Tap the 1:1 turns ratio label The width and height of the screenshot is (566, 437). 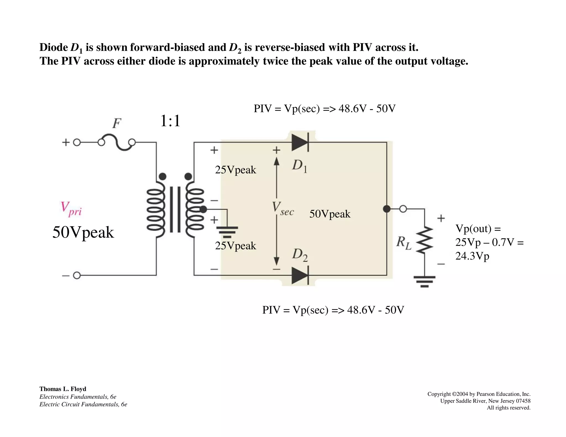point(170,121)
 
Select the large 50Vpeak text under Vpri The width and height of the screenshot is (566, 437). point(83,232)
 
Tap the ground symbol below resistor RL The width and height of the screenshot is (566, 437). point(424,281)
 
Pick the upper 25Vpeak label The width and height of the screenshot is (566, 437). point(235,170)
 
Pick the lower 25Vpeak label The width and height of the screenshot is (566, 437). point(235,246)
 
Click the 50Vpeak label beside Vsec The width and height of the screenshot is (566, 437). point(330,214)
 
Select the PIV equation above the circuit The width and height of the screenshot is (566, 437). point(324,109)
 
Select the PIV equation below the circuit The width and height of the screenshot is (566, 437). point(333,310)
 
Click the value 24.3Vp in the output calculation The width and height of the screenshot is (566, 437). point(472,256)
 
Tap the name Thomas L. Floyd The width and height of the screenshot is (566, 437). point(63,389)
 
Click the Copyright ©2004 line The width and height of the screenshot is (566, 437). point(479,394)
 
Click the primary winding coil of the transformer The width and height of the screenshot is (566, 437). point(156,209)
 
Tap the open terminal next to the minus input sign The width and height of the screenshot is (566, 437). point(77,275)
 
